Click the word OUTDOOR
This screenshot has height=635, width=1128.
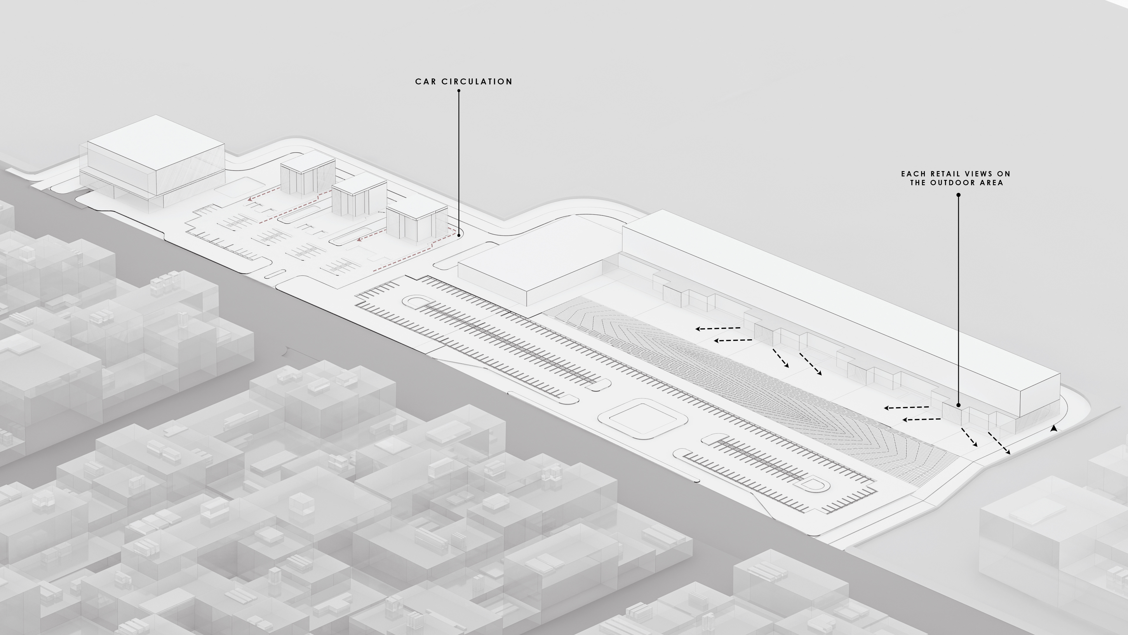tap(955, 183)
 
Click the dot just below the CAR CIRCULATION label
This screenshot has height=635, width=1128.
tap(459, 91)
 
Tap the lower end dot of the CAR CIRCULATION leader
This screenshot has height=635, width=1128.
tap(459, 235)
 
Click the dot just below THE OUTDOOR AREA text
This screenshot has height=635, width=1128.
tap(959, 195)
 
